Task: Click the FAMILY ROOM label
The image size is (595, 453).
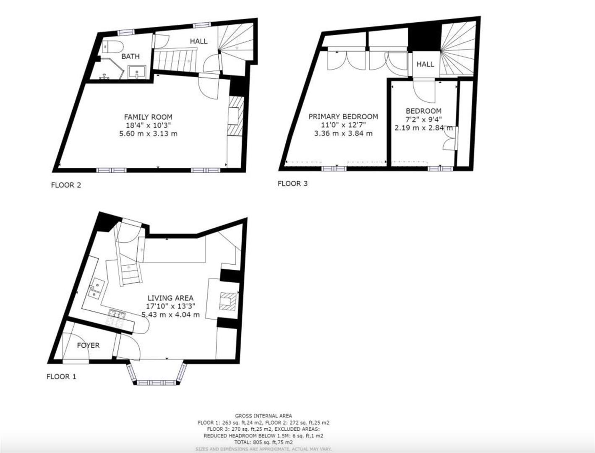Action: pos(148,117)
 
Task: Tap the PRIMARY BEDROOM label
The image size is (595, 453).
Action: pos(343,117)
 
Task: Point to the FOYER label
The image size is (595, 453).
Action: pos(88,345)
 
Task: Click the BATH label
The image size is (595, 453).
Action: pos(130,56)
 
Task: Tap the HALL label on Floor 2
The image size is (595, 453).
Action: pos(198,41)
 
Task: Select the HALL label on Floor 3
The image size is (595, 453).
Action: pos(425,64)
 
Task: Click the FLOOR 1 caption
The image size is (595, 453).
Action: pos(61,377)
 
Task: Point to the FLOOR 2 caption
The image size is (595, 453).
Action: pos(66,185)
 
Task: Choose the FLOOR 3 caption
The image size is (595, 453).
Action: pos(292,183)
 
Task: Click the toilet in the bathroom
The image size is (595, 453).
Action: pos(112,46)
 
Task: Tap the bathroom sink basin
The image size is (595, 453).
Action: pos(137,73)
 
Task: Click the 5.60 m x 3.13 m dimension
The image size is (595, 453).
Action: pos(148,134)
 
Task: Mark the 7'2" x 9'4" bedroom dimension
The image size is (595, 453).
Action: pos(423,119)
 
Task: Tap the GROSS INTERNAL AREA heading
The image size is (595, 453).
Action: pos(264,416)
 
